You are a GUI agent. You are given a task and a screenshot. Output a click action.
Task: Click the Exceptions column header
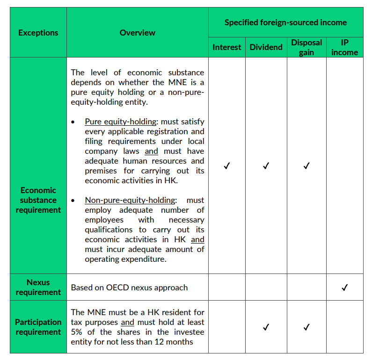point(38,33)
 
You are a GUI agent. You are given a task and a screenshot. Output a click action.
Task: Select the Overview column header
point(137,33)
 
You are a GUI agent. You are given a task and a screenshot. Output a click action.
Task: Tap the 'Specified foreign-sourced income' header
point(285,22)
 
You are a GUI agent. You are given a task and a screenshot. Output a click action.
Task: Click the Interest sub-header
point(227,47)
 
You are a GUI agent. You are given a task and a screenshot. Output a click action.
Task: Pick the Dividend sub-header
point(266,47)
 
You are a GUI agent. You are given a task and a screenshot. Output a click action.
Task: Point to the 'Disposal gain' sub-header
point(306,47)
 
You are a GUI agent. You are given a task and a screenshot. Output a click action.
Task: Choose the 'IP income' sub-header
point(344,47)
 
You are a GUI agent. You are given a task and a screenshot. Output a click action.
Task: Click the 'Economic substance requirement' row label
point(38,200)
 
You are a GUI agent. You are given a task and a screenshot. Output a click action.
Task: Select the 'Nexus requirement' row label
point(38,287)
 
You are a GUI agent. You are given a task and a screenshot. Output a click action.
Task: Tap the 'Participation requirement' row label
point(38,327)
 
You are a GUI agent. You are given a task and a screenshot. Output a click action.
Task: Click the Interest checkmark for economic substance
point(227,166)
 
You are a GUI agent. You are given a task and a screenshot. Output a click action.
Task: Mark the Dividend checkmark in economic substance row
point(266,166)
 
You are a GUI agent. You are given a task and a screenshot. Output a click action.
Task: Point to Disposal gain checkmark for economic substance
point(306,166)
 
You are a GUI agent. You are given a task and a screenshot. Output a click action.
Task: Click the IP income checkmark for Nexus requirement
point(344,288)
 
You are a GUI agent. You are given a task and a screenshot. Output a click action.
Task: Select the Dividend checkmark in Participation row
point(266,327)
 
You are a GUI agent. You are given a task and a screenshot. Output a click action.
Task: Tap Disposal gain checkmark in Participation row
point(306,327)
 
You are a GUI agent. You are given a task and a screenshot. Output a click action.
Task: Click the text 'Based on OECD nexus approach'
point(129,288)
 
